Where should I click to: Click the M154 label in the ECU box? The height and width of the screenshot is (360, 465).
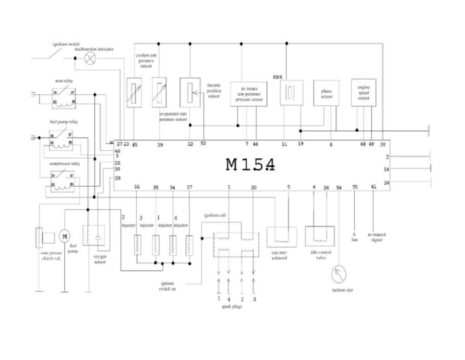pos(250,165)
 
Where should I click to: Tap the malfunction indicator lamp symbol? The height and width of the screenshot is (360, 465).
pos(90,58)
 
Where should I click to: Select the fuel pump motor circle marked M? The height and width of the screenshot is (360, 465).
pos(65,235)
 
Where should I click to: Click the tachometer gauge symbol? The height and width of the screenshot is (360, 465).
pos(338,274)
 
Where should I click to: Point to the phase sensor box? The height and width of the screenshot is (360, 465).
pos(326,94)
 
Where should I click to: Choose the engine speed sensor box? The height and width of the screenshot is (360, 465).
pos(363,93)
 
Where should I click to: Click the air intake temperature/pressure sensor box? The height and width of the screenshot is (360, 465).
pos(248,94)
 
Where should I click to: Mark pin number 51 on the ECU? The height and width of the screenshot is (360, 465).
pos(203,144)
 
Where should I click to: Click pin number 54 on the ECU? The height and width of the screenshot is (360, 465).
pos(338,188)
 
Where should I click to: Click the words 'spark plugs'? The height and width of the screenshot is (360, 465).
pos(232,307)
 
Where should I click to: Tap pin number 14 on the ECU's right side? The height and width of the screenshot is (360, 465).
pos(386,170)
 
